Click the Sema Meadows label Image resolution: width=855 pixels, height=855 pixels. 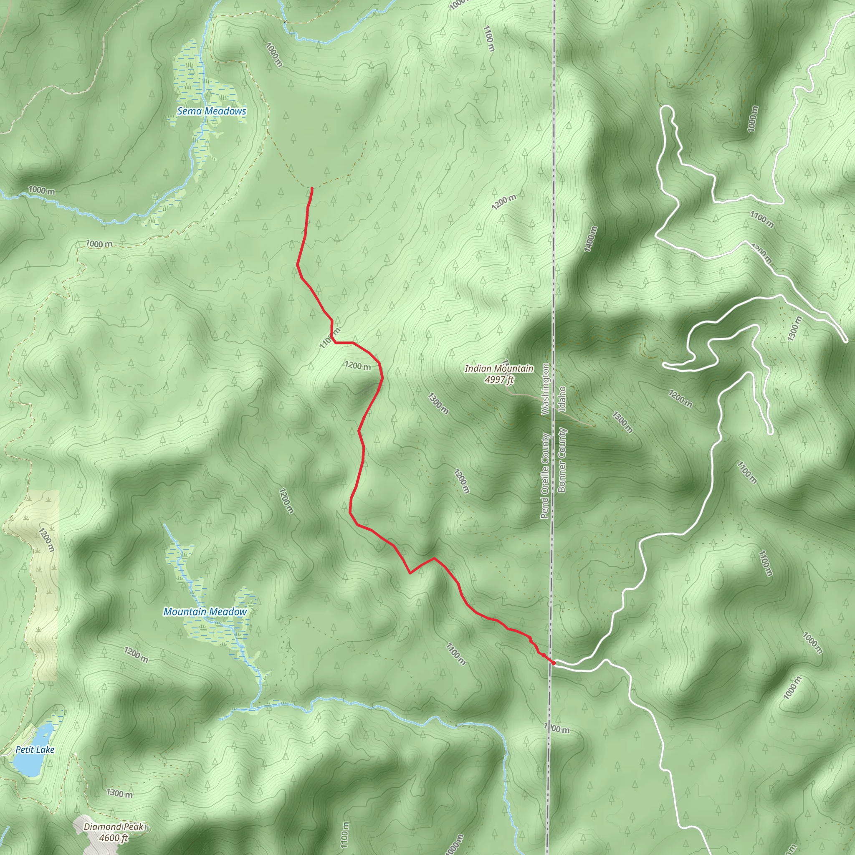click(x=212, y=111)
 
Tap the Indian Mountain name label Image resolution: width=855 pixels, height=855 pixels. click(x=499, y=369)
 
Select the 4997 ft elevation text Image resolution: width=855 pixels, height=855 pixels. click(x=499, y=380)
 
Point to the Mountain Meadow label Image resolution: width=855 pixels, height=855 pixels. click(x=205, y=612)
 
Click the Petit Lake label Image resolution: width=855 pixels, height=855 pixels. click(x=35, y=750)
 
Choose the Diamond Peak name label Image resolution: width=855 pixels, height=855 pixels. click(x=114, y=827)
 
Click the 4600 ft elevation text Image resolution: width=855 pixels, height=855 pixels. click(x=113, y=838)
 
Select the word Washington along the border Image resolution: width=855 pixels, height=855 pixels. click(x=545, y=389)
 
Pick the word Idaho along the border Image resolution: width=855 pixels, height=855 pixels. click(x=562, y=399)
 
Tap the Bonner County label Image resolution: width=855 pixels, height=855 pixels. click(x=562, y=460)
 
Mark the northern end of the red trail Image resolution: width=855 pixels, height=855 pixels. click(x=312, y=189)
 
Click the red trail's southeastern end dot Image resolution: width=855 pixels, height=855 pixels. click(x=553, y=663)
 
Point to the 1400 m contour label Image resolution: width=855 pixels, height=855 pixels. click(x=590, y=239)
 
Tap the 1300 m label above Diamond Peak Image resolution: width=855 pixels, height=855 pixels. click(x=119, y=793)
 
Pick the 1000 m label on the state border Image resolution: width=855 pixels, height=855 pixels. click(x=557, y=729)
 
